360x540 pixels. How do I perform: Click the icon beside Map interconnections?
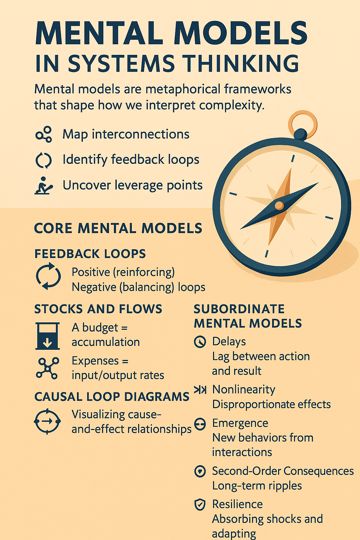point(44,134)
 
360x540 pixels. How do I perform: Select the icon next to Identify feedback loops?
point(44,160)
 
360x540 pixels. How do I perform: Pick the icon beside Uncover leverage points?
point(44,185)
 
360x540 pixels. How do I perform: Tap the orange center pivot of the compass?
point(279,206)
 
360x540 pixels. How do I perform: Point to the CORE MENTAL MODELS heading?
point(118,229)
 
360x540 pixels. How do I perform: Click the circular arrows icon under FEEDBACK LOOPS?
point(48,276)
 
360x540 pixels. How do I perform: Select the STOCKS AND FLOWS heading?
point(98,309)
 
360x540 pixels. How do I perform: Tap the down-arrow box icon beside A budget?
point(47,336)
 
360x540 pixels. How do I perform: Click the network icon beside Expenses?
point(47,368)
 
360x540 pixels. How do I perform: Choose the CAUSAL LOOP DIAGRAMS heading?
point(112,397)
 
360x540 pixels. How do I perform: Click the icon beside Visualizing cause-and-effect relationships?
point(47,421)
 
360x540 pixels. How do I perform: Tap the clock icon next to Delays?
point(200,342)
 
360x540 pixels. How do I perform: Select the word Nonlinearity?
point(244,390)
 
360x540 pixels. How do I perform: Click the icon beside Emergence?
point(200,424)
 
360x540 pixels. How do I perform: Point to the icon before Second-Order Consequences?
point(200,471)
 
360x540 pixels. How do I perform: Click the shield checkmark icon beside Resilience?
point(200,505)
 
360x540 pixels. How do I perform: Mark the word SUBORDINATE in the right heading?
point(239,309)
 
